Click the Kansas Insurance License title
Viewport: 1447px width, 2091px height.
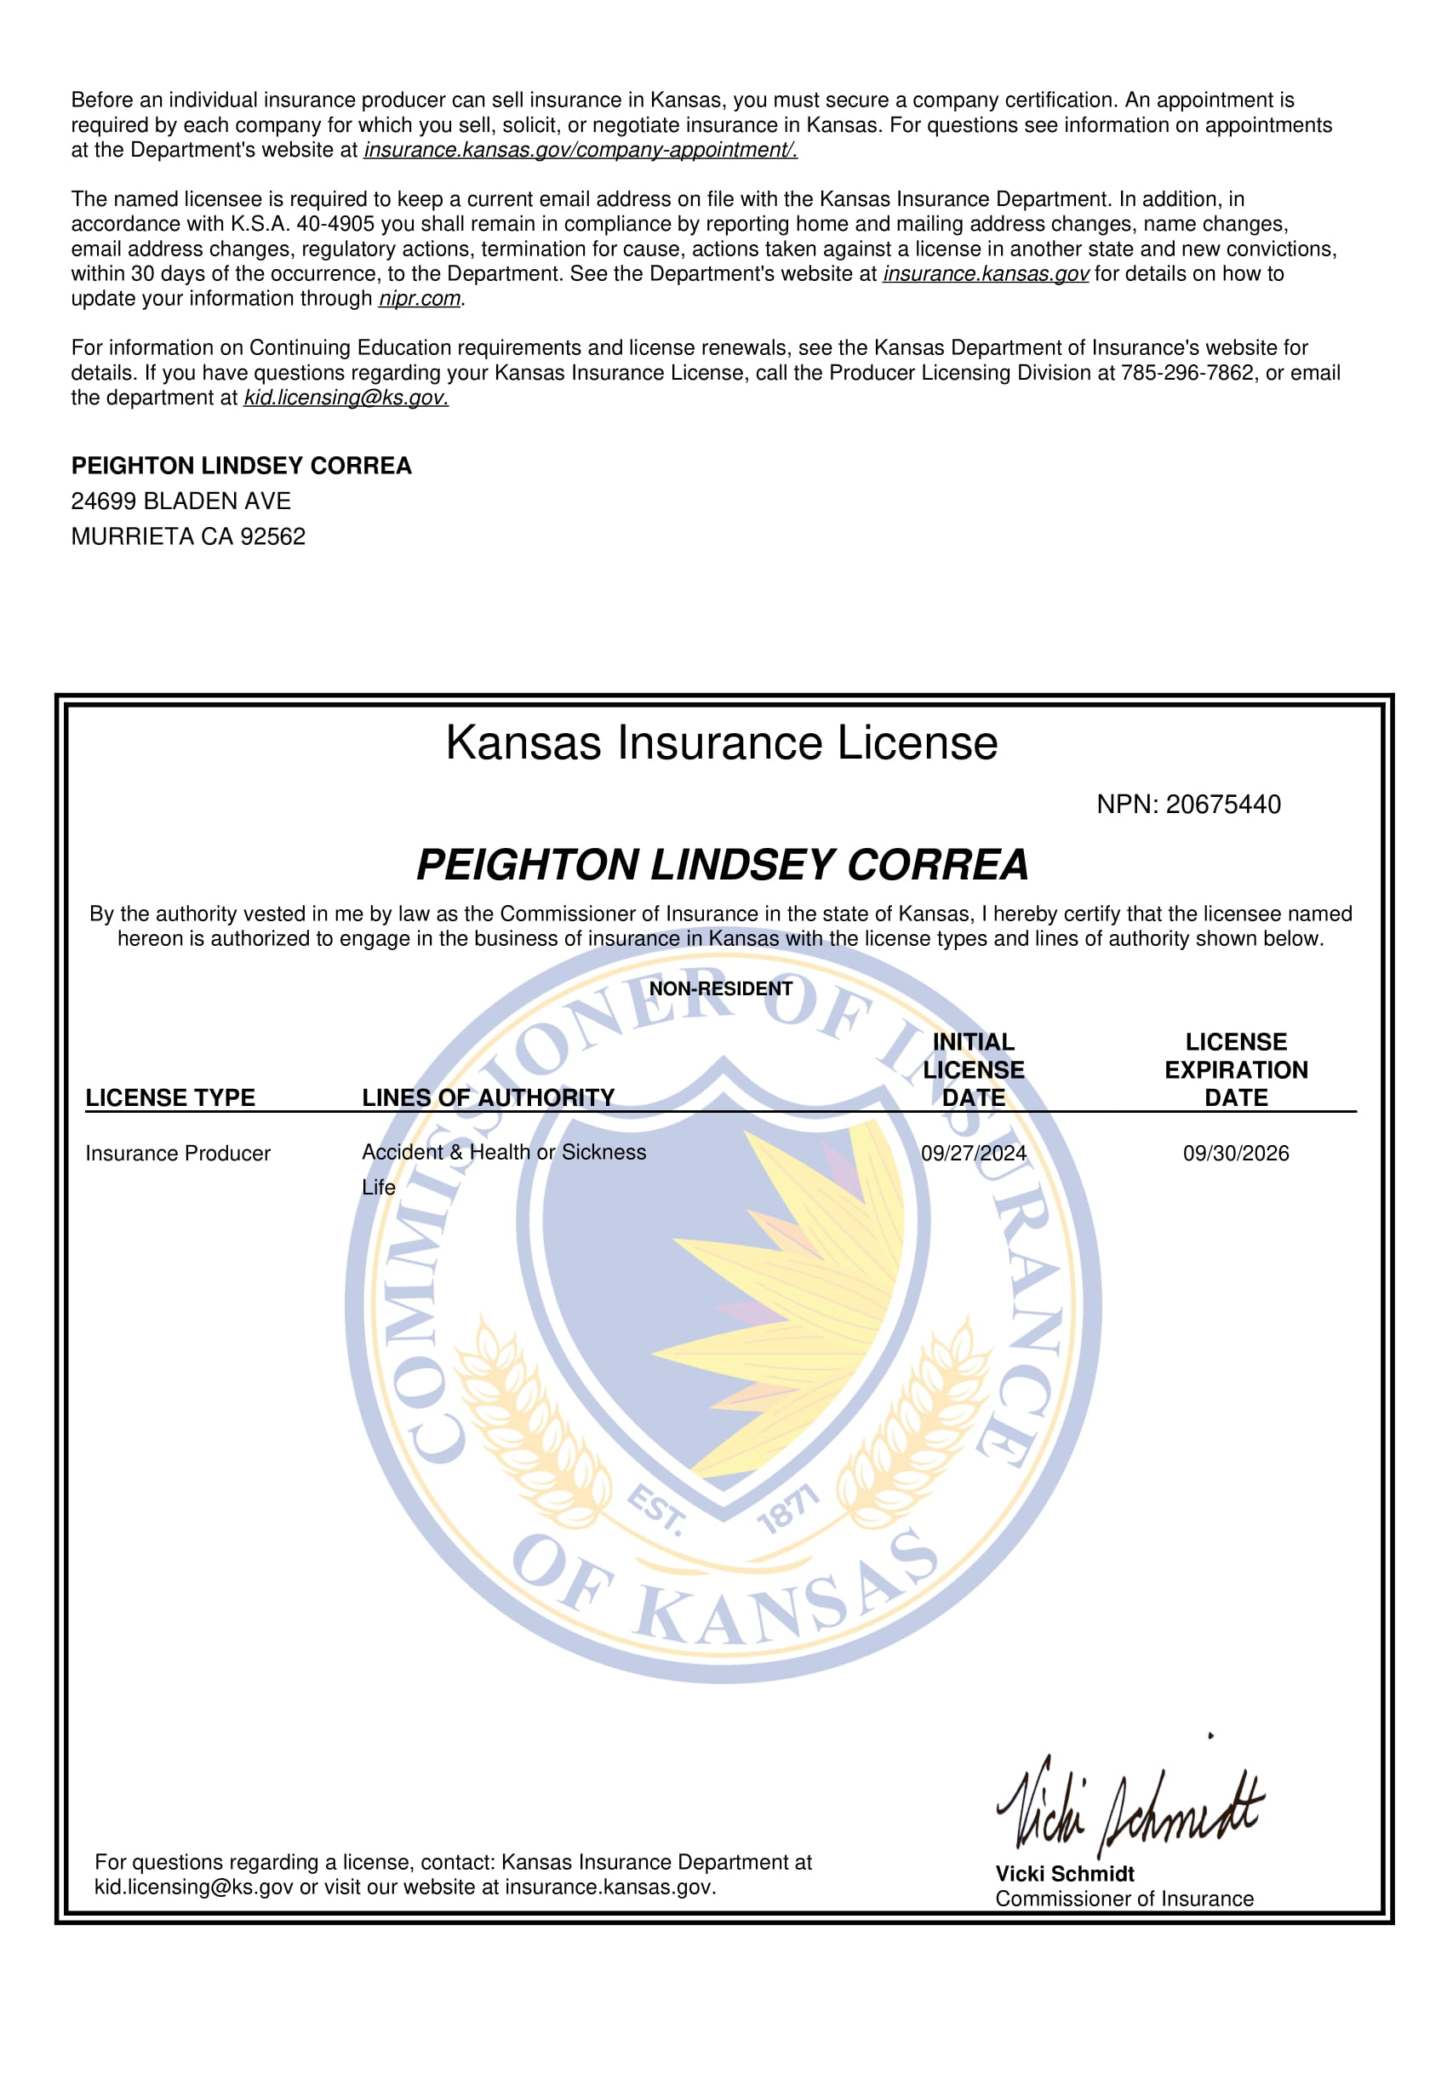click(722, 743)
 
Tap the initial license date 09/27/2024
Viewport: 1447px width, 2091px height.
click(973, 1154)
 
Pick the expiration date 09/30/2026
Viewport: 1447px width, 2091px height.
click(1235, 1154)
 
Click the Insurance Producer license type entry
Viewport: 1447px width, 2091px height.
click(178, 1154)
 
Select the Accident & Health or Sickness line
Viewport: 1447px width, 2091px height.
click(503, 1153)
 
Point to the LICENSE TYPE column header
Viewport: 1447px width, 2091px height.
click(170, 1097)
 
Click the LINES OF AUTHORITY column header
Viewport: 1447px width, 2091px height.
click(488, 1097)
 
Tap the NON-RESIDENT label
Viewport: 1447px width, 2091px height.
click(721, 988)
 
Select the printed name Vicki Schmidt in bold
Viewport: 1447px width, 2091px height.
click(1065, 1874)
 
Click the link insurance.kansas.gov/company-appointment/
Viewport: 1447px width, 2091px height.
click(581, 151)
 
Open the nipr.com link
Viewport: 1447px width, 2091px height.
click(420, 299)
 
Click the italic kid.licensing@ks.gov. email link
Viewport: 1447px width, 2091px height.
click(346, 398)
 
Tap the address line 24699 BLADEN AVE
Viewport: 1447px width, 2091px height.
click(181, 501)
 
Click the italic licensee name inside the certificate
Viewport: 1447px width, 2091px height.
click(722, 864)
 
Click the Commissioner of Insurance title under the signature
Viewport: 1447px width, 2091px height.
click(1124, 1899)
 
